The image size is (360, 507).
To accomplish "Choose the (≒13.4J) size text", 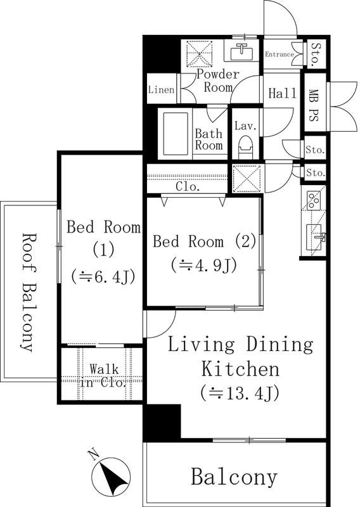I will click(239, 393).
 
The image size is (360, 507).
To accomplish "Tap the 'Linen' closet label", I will click(161, 90).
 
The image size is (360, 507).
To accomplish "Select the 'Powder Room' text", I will click(217, 81).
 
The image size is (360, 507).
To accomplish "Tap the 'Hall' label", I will click(282, 94).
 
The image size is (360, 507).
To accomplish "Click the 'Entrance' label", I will click(280, 55).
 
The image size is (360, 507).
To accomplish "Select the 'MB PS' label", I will click(313, 104).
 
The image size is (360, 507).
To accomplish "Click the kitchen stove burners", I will click(314, 200).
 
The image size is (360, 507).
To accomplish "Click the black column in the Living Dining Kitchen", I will click(162, 423).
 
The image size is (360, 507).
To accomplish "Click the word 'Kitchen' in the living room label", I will click(240, 368).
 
